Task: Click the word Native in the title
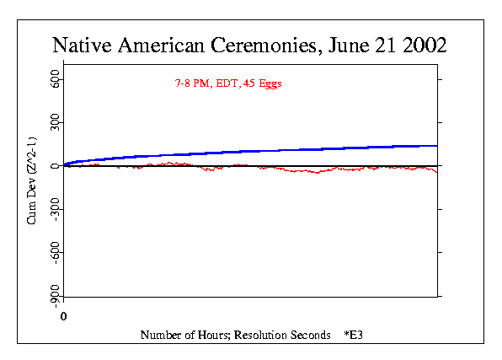tap(83, 45)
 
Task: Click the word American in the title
tap(162, 45)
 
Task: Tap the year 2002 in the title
tap(425, 45)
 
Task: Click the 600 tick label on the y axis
tap(55, 79)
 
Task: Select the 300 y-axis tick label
tap(55, 122)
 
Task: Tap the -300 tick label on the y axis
tap(55, 209)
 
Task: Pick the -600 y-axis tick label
tap(55, 252)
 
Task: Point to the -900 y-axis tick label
tap(55, 296)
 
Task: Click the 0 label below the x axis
tap(63, 316)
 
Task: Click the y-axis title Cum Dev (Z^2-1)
tap(32, 180)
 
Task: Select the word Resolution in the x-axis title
tap(261, 335)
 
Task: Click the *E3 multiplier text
tap(354, 335)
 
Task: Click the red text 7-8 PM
tap(193, 83)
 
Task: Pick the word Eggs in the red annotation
tap(270, 84)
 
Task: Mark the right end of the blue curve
tap(437, 146)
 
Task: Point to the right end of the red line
tap(437, 173)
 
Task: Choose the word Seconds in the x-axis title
tap(311, 335)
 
